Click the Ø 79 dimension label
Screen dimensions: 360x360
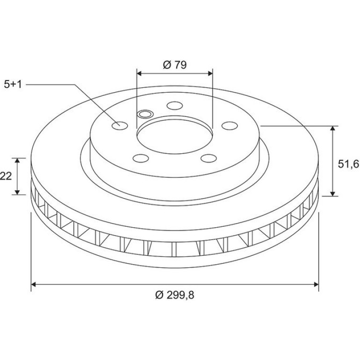coord(175,65)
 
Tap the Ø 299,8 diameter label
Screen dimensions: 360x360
coord(175,295)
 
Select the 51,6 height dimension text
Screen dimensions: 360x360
coord(348,164)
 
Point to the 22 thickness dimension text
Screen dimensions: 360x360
coord(6,176)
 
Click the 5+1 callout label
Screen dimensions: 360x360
coord(13,85)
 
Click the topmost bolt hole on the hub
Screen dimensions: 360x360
coord(175,106)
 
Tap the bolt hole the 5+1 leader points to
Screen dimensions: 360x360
coord(120,126)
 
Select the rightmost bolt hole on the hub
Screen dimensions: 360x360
coord(230,126)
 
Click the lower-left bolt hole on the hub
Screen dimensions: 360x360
coord(141,158)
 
